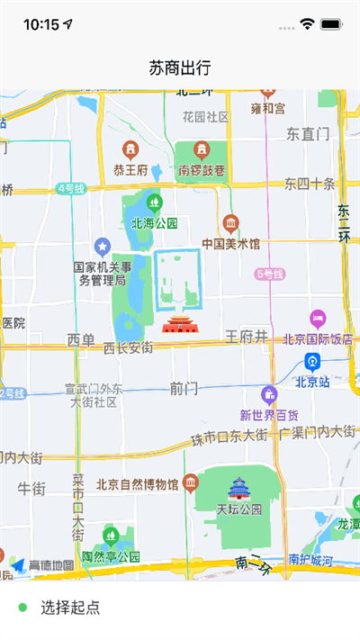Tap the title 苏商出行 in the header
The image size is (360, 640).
click(180, 68)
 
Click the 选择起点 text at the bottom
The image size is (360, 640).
click(70, 608)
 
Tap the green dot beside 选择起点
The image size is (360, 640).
click(22, 608)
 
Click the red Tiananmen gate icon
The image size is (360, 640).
click(178, 324)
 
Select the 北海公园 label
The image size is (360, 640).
click(155, 223)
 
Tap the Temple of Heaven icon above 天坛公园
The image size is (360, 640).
click(238, 488)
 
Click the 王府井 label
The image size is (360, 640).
click(247, 337)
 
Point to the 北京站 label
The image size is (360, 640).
click(314, 381)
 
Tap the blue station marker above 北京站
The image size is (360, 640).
click(312, 362)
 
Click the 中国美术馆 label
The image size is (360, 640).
click(230, 244)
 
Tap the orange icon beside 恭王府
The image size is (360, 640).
click(130, 149)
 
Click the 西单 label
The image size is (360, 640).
click(81, 339)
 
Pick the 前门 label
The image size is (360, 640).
click(183, 388)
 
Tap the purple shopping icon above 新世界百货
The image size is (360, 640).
click(268, 394)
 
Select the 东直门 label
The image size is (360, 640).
click(308, 134)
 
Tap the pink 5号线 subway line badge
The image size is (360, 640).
click(269, 274)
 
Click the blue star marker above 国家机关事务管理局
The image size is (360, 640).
click(103, 245)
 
